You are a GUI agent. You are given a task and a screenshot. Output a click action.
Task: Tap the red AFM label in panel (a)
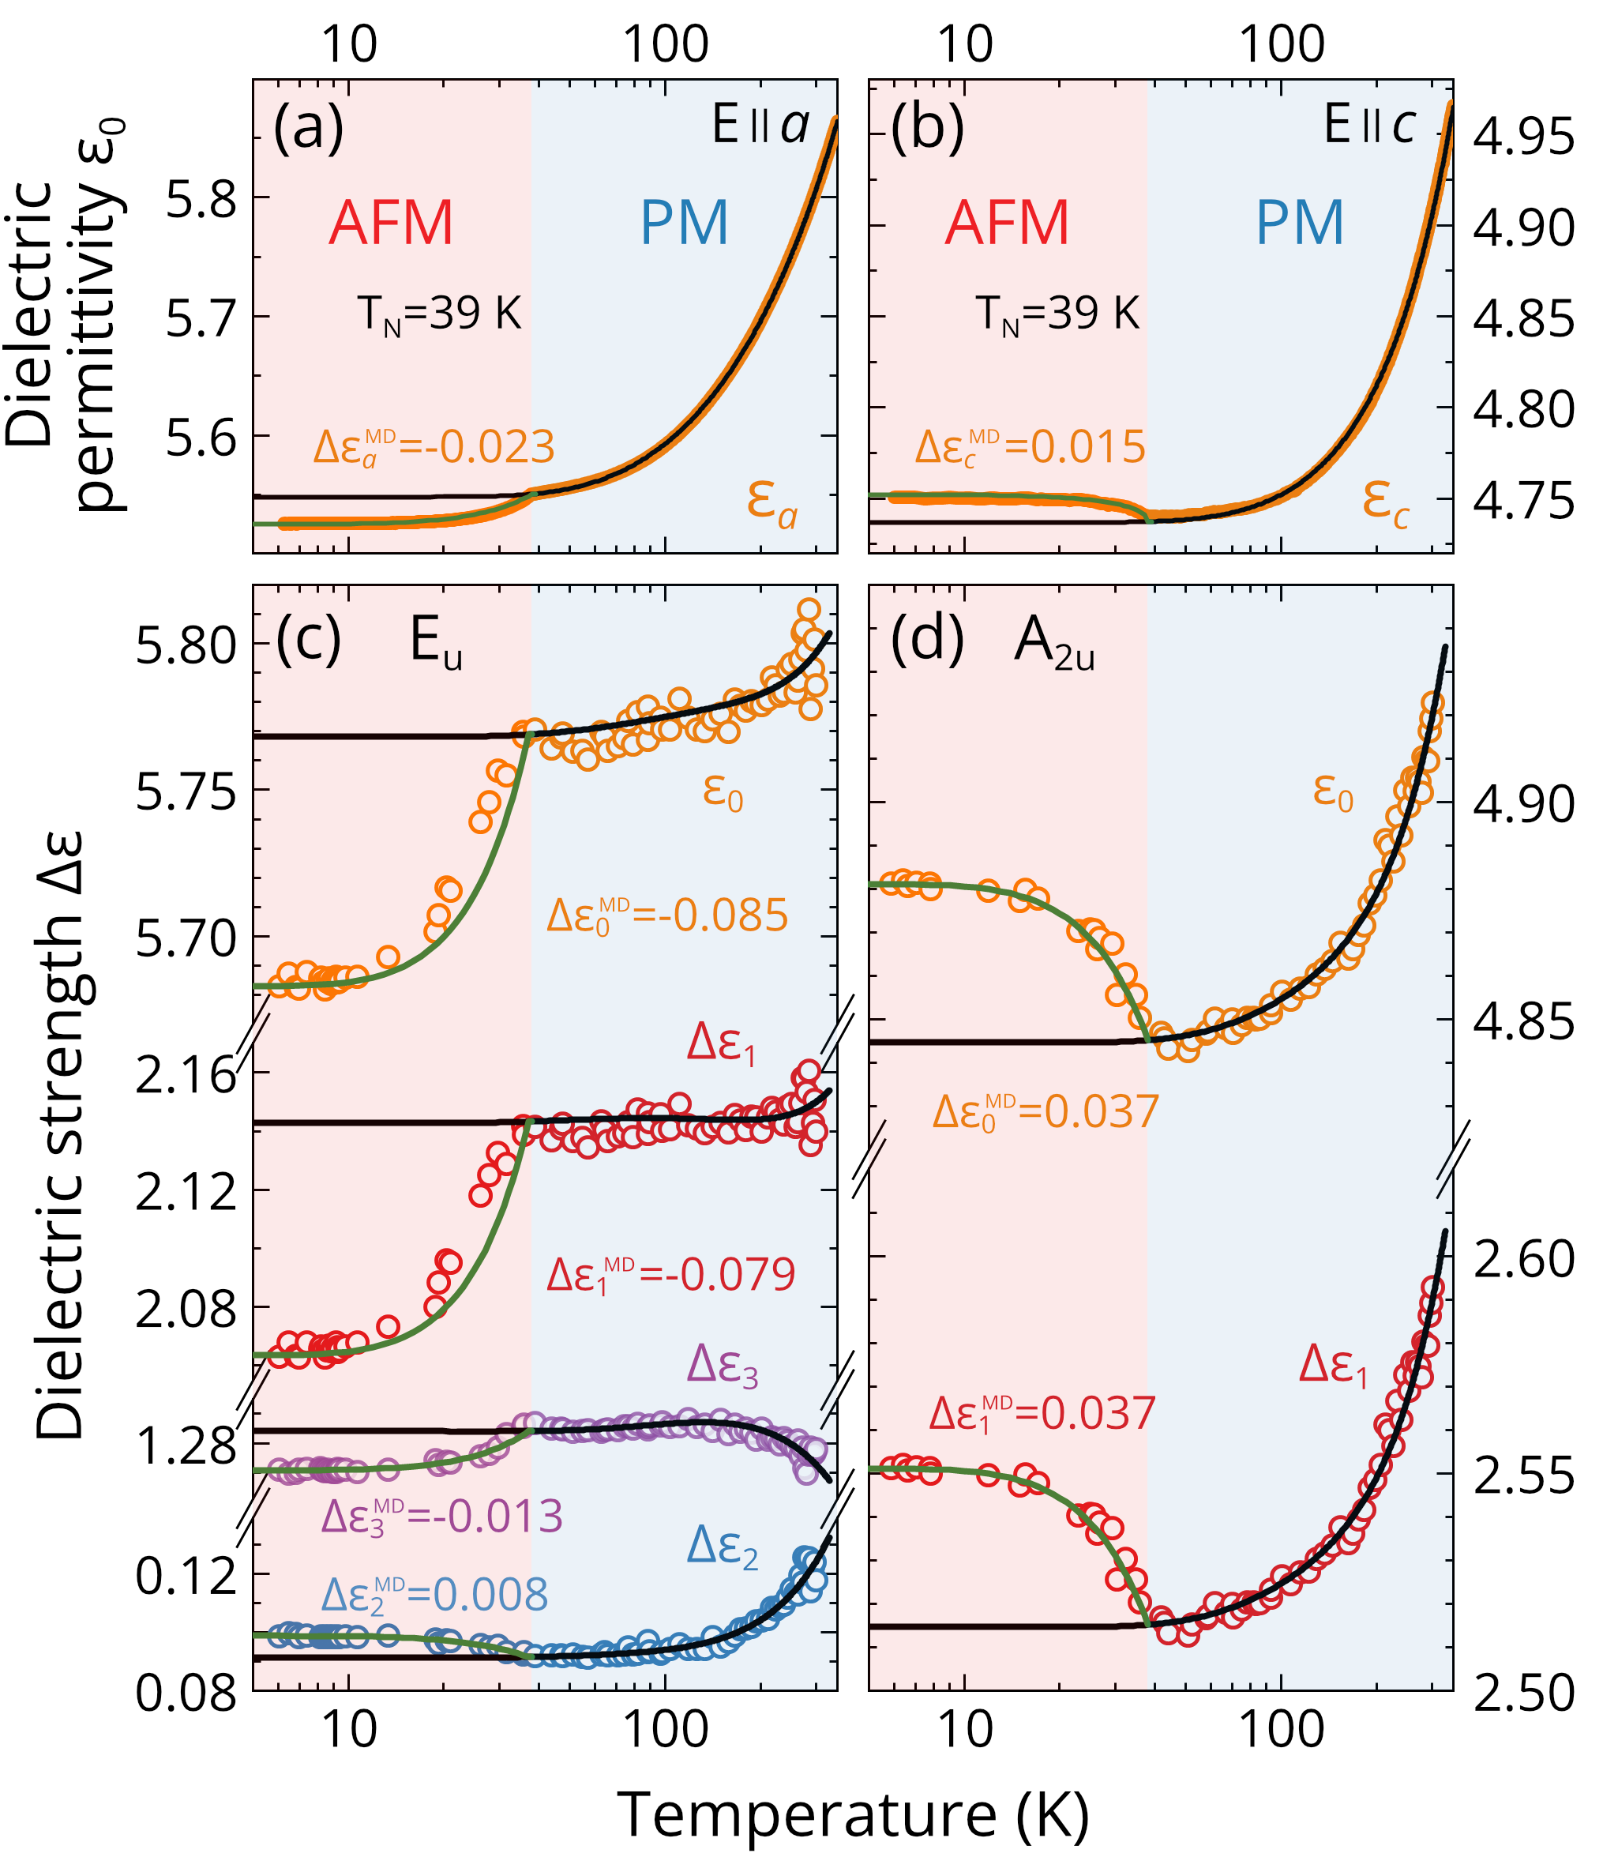390,222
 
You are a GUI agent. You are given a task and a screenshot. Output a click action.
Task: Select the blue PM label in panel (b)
1300,222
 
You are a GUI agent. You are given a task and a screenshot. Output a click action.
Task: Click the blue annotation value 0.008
490,1596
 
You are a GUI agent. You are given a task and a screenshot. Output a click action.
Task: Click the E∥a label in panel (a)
760,126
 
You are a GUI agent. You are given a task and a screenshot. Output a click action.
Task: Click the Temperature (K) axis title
853,1814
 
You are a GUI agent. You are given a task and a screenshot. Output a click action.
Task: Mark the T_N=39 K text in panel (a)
440,315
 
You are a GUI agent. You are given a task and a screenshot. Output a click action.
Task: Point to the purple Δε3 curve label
722,1365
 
